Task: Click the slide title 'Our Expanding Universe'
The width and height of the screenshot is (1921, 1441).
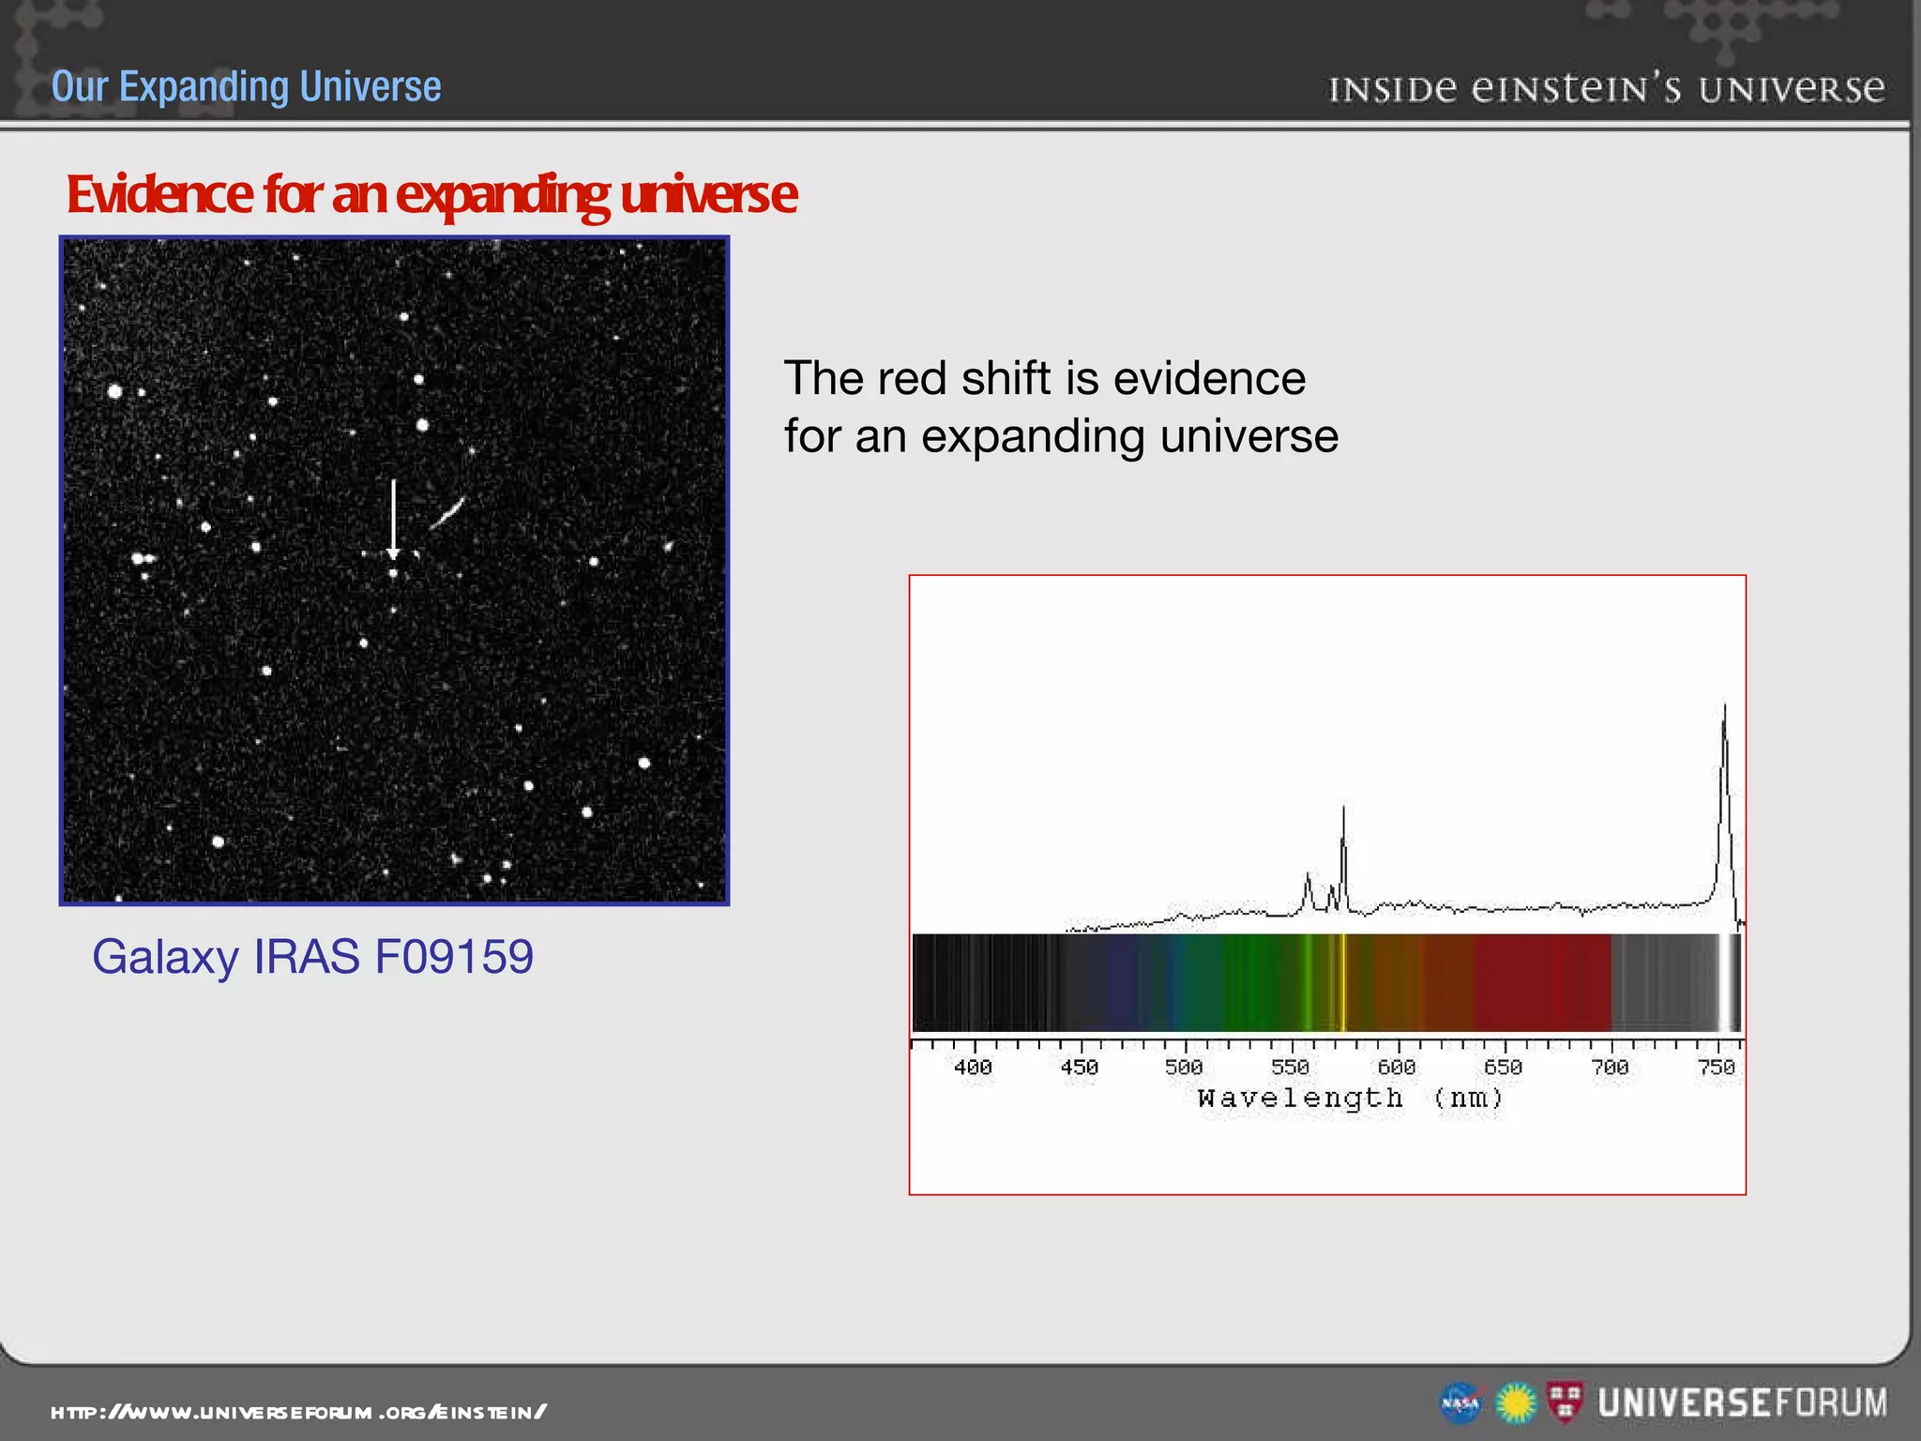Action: click(246, 86)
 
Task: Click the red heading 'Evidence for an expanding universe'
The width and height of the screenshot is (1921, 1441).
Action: click(431, 194)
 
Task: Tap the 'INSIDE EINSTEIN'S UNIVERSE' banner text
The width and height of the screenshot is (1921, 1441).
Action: click(1606, 89)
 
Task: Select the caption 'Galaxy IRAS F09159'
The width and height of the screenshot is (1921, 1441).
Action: click(312, 957)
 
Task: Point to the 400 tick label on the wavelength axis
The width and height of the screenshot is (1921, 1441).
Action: click(973, 1068)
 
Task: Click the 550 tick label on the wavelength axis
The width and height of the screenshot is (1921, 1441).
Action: click(1290, 1068)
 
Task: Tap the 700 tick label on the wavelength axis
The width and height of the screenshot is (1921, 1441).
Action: click(1610, 1068)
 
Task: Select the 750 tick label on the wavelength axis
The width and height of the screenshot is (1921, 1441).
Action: click(1717, 1068)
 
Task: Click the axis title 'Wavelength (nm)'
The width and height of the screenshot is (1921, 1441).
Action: click(1351, 1098)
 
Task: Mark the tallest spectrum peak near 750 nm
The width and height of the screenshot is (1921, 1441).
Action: click(1724, 709)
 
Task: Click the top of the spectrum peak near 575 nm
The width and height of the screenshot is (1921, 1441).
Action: click(1343, 809)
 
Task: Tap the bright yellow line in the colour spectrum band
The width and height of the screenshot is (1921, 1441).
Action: click(1343, 983)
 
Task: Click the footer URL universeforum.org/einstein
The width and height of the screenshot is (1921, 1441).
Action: click(298, 1412)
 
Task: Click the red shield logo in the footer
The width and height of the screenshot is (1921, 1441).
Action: click(1565, 1402)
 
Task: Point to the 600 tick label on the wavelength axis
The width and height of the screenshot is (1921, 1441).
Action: click(1396, 1068)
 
